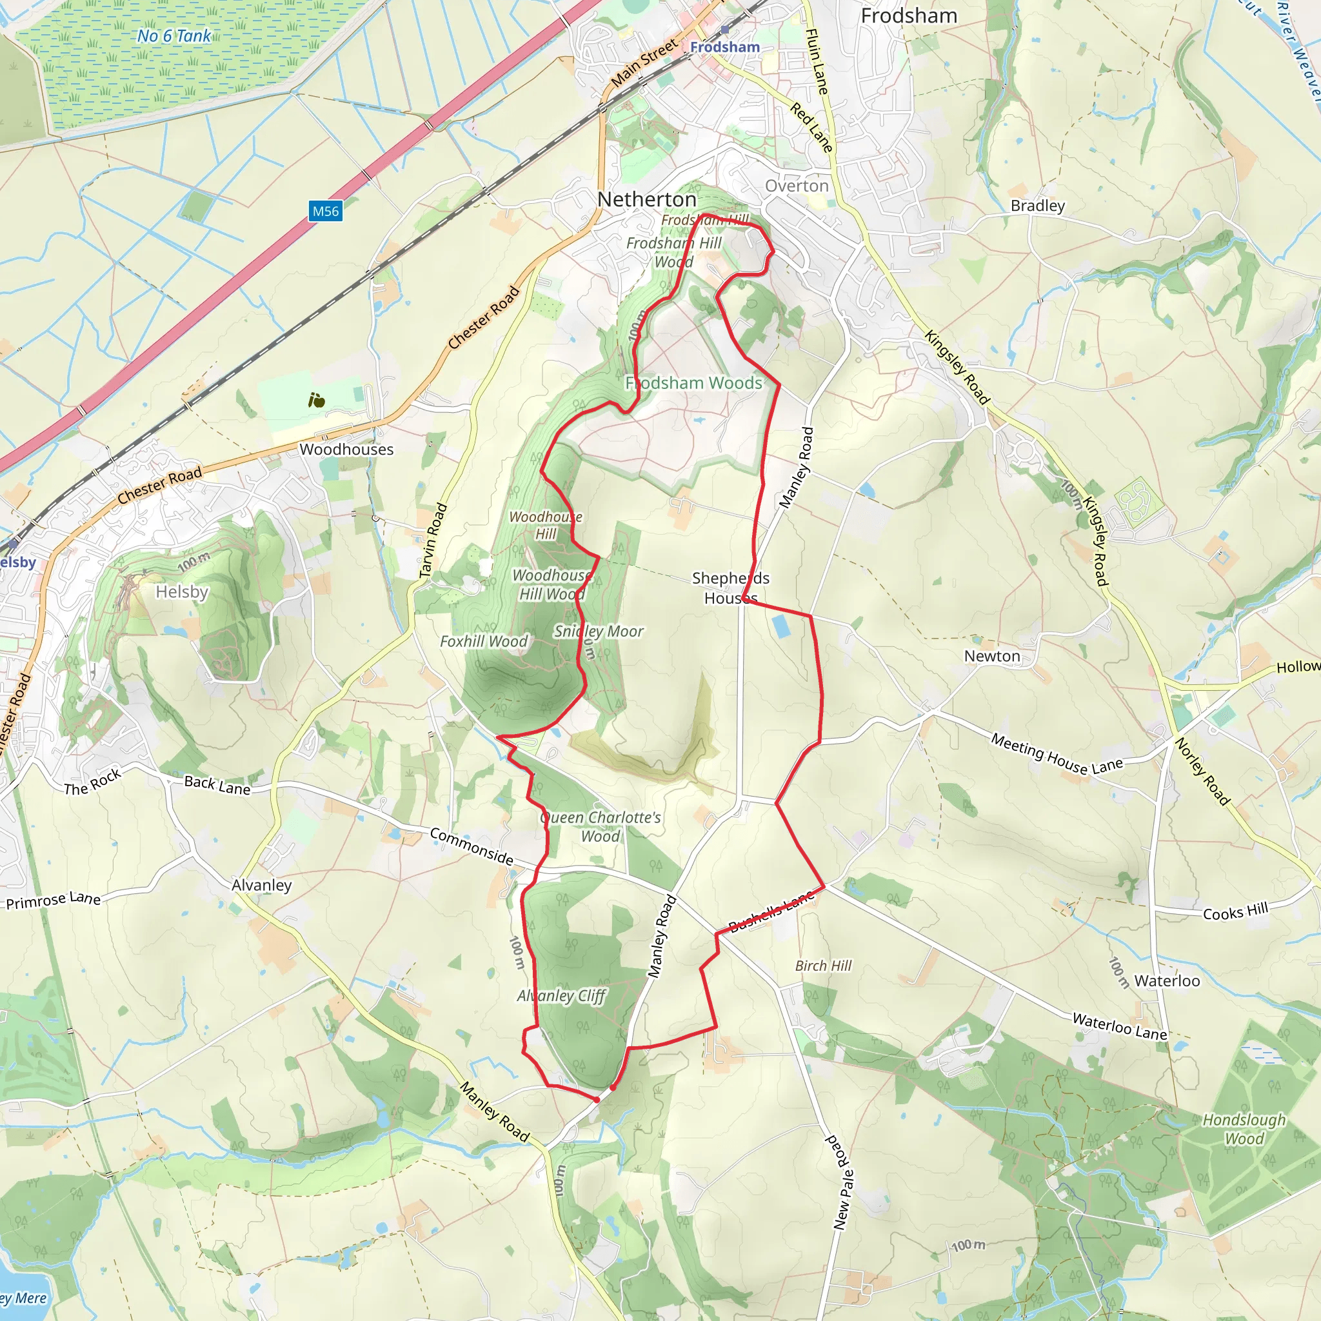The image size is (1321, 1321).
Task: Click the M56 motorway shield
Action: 326,212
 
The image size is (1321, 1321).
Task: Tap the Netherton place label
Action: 646,200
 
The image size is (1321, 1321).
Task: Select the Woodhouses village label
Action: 346,449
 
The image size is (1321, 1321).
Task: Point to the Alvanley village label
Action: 261,885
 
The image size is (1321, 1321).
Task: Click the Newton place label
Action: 991,657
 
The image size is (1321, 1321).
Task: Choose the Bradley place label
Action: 1037,206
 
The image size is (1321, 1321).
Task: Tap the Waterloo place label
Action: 1166,981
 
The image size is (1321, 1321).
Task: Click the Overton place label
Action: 796,186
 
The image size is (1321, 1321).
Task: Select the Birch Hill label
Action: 822,966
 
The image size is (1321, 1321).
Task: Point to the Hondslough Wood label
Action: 1244,1129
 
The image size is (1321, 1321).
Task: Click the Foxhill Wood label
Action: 483,641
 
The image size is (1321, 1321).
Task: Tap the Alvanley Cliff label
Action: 561,995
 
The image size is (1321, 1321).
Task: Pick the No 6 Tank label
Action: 174,36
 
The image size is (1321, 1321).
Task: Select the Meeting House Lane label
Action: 1057,753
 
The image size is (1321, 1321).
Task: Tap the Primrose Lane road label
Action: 54,900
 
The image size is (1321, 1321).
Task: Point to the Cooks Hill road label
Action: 1235,911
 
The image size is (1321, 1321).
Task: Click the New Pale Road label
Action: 842,1182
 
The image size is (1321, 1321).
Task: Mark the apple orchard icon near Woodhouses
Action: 316,400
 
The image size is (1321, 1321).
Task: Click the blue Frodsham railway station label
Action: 725,47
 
